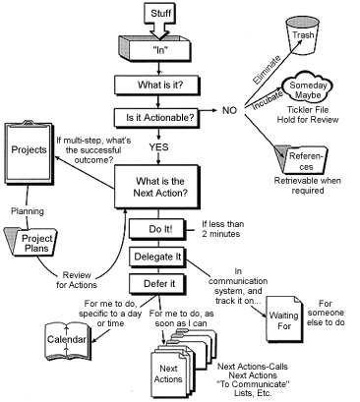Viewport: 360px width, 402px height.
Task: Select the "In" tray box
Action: pyautogui.click(x=154, y=48)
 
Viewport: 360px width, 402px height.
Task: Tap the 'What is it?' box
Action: pyautogui.click(x=157, y=86)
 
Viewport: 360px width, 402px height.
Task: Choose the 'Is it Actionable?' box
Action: pyautogui.click(x=157, y=118)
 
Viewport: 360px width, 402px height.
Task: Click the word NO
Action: pyautogui.click(x=229, y=111)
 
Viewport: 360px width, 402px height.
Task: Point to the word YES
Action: pyautogui.click(x=159, y=147)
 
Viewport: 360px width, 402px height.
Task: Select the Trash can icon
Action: pyautogui.click(x=302, y=34)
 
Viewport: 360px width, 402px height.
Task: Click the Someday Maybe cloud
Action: pyautogui.click(x=308, y=87)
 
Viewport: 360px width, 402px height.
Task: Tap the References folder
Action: pyautogui.click(x=301, y=159)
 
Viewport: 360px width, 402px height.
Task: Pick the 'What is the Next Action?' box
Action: pyautogui.click(x=157, y=187)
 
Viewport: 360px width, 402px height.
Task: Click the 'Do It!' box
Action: pyautogui.click(x=157, y=228)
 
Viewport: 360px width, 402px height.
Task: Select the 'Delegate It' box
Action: pyautogui.click(x=157, y=257)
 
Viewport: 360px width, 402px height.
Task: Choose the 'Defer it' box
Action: pyautogui.click(x=157, y=284)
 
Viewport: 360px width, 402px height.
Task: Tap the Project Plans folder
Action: pyautogui.click(x=31, y=242)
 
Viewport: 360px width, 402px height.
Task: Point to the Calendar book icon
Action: pyautogui.click(x=67, y=341)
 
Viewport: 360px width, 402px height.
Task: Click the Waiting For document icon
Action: pyautogui.click(x=284, y=319)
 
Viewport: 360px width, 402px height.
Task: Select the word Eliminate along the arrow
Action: pyautogui.click(x=267, y=70)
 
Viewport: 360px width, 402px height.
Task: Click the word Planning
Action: pyautogui.click(x=28, y=211)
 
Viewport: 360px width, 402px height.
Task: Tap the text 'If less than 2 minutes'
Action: pyautogui.click(x=222, y=229)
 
